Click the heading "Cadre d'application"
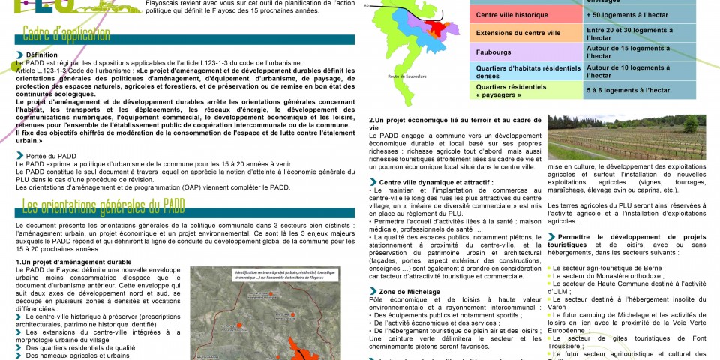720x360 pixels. pyautogui.click(x=66, y=34)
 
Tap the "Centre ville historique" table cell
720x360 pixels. pyautogui.click(x=517, y=15)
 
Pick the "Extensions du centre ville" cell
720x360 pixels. pyautogui.click(x=517, y=34)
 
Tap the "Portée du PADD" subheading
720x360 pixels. pyautogui.click(x=52, y=156)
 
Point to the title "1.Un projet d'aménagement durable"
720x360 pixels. pyautogui.click(x=73, y=262)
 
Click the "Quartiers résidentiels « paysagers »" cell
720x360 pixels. pyautogui.click(x=517, y=91)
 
